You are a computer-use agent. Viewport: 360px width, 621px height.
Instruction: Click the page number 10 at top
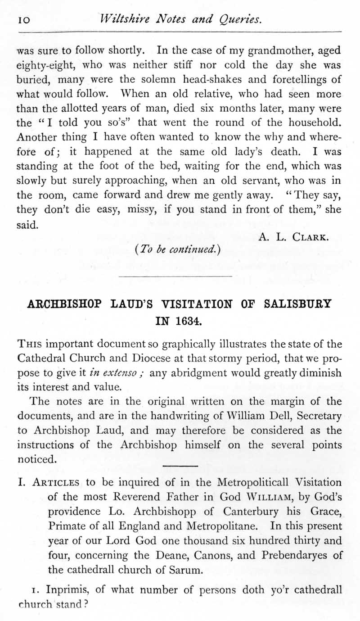coord(23,19)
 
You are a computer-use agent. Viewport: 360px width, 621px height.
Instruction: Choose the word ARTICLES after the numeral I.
coord(56,482)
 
